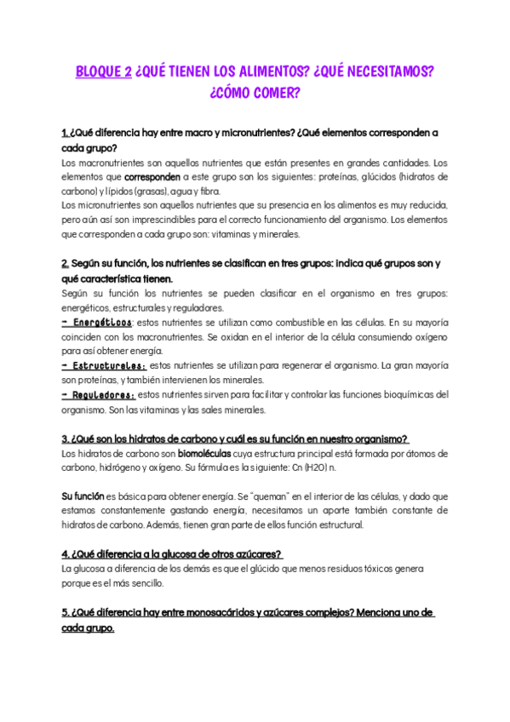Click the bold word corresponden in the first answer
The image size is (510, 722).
[152, 177]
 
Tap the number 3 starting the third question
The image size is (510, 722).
[65, 438]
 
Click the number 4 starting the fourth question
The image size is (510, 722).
[65, 553]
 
